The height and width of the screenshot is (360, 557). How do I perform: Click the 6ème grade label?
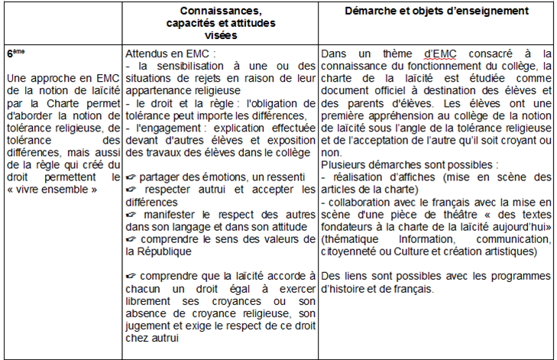[x=15, y=54]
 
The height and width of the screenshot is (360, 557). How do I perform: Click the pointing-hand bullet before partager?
[x=134, y=177]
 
